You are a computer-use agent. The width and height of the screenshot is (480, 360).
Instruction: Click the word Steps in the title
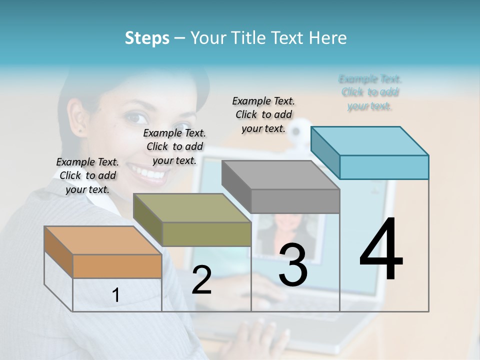pyautogui.click(x=147, y=38)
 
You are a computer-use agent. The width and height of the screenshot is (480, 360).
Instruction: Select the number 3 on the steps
pyautogui.click(x=292, y=265)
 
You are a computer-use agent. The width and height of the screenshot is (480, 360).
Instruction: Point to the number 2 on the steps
pyautogui.click(x=201, y=280)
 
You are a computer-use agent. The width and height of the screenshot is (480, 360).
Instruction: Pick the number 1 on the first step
pyautogui.click(x=116, y=295)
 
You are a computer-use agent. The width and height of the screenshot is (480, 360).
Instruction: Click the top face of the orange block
pyautogui.click(x=102, y=240)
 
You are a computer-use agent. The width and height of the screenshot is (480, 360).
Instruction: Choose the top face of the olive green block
pyautogui.click(x=192, y=207)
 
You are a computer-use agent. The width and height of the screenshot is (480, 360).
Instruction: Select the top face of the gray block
pyautogui.click(x=280, y=175)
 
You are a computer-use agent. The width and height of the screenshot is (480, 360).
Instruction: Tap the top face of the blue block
pyautogui.click(x=369, y=141)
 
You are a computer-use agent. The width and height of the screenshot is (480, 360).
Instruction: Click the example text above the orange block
pyautogui.click(x=87, y=175)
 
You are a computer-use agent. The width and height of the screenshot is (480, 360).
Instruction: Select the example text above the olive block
pyautogui.click(x=174, y=146)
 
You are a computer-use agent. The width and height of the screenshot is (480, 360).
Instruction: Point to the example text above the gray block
pyautogui.click(x=263, y=114)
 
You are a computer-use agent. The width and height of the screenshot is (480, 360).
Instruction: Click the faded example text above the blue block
pyautogui.click(x=369, y=92)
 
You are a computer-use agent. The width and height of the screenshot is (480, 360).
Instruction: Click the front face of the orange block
pyautogui.click(x=117, y=266)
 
